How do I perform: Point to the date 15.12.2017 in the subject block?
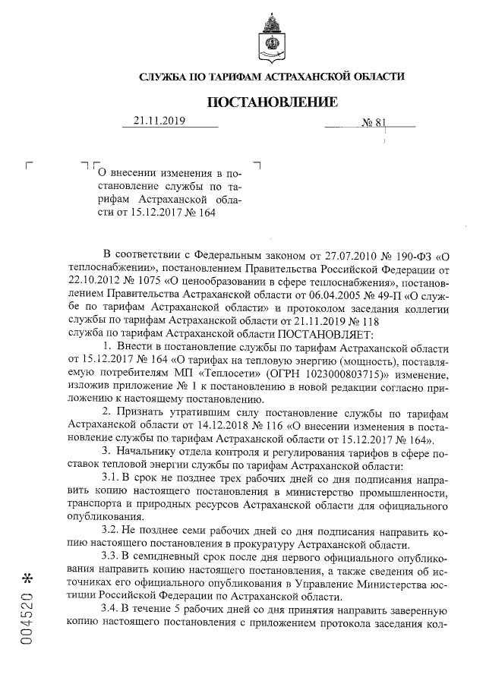156,213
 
